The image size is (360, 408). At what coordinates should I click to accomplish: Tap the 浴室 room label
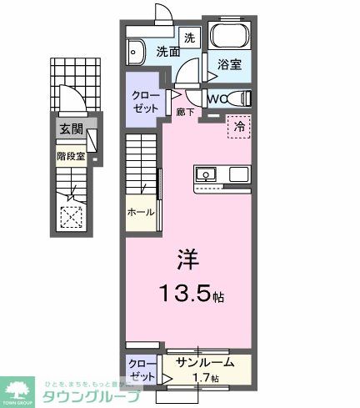231,63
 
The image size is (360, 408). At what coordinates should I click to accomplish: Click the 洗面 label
168,52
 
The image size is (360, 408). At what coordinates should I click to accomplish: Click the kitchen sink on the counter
207,174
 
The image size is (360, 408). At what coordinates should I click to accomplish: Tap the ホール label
141,213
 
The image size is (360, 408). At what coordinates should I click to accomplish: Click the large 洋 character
187,260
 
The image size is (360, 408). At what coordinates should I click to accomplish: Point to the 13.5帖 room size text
192,295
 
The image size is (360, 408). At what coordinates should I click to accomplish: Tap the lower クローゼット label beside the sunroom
141,369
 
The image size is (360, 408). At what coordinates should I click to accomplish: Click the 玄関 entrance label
69,128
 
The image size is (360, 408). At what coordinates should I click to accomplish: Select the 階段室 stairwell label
72,155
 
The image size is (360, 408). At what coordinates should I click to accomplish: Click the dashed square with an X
72,216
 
